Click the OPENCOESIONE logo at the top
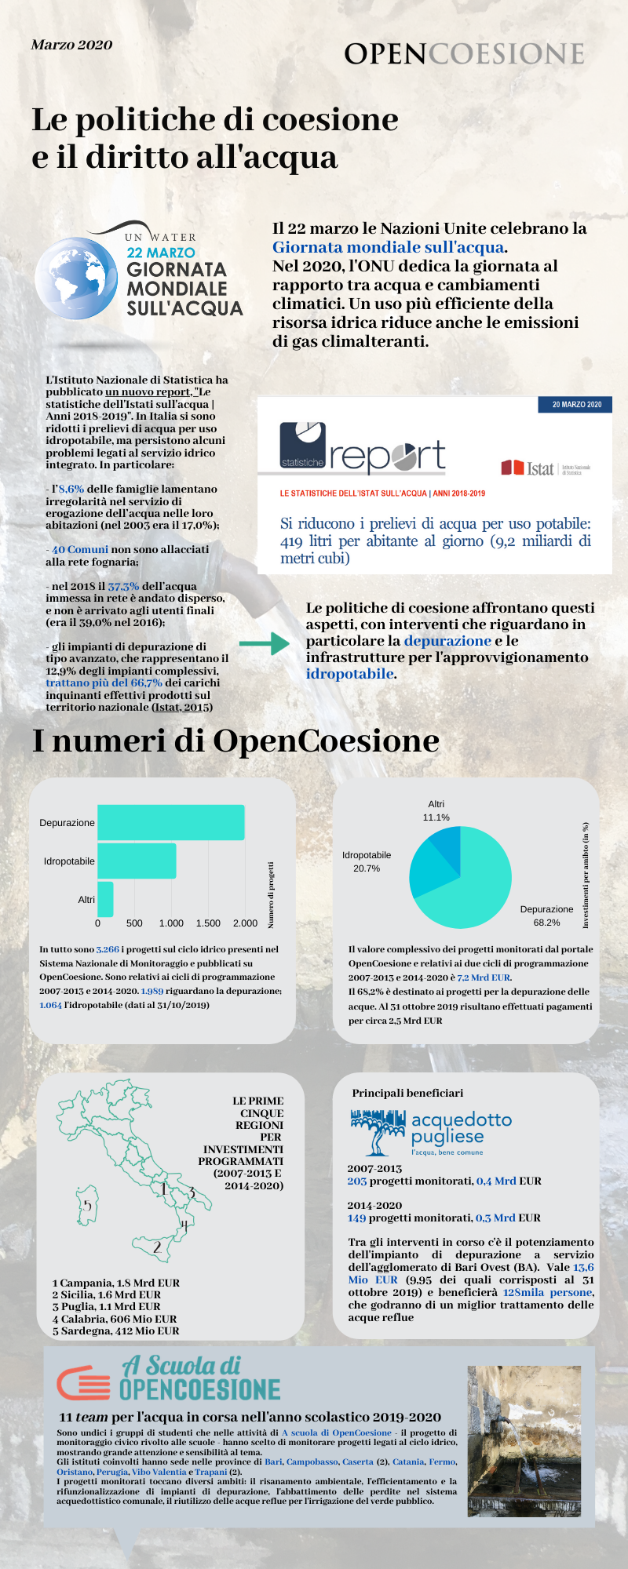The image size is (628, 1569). coord(464,53)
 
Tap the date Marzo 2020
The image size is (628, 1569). coord(71,45)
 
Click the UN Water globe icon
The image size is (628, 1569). coord(76,277)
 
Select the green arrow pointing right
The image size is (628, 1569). coord(265,643)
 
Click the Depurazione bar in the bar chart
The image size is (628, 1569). coord(170,822)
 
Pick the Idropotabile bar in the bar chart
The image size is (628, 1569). coord(137,861)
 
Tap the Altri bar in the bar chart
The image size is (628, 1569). coord(105,899)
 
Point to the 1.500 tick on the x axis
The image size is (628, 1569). coord(208,923)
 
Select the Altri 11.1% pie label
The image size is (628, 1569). coord(436,811)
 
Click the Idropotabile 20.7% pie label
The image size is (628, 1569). coord(367,861)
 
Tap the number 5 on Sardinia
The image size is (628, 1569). coord(88,1205)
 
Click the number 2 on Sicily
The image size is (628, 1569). coord(157,1247)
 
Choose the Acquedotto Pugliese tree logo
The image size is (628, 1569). coord(378,1132)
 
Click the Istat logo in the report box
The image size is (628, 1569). coord(528,468)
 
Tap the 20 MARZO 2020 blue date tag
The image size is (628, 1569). coord(576,404)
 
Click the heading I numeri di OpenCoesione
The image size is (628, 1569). coord(235,741)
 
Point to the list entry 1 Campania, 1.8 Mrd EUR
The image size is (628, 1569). coord(116,1283)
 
